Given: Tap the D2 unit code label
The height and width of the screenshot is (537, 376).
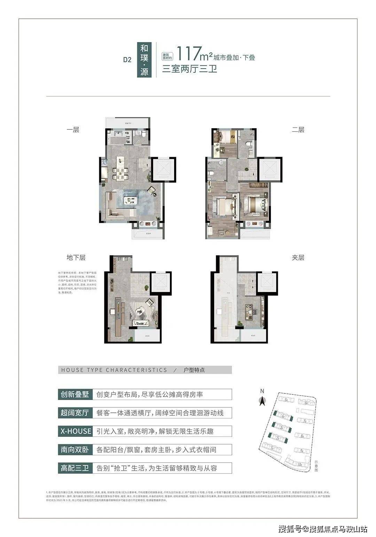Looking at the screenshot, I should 127,59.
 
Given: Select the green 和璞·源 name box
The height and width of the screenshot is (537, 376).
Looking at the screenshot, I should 144,59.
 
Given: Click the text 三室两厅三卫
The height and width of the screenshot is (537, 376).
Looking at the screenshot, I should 190,69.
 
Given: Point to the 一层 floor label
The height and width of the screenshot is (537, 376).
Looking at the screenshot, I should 73,130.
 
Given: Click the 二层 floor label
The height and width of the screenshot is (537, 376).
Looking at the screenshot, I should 298,130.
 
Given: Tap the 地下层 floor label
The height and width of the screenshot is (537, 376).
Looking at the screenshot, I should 76,258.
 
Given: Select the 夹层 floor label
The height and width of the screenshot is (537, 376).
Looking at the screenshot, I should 298,258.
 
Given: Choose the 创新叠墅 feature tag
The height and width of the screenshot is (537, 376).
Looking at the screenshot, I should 75,394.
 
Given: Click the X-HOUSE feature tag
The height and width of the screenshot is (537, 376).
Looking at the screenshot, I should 75,431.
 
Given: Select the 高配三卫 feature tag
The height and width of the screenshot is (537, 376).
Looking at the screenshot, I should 75,468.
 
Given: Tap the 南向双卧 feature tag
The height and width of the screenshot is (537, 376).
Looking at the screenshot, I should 75,449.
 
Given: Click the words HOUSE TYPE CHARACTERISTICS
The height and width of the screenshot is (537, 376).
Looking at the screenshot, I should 114,370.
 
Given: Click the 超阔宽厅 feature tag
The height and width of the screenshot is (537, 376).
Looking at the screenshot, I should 75,413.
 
